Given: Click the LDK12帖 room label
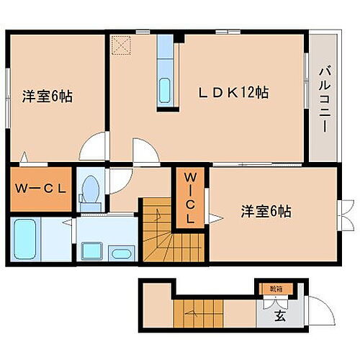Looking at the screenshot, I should pyautogui.click(x=234, y=92).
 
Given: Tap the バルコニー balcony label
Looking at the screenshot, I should pyautogui.click(x=323, y=96).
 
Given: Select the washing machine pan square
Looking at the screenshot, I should pyautogui.click(x=91, y=252).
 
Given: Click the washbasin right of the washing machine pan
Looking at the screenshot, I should pyautogui.click(x=122, y=253).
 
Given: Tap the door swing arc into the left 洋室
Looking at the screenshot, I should pyautogui.click(x=93, y=148).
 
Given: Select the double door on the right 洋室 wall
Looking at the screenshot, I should pyautogui.click(x=345, y=214).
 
